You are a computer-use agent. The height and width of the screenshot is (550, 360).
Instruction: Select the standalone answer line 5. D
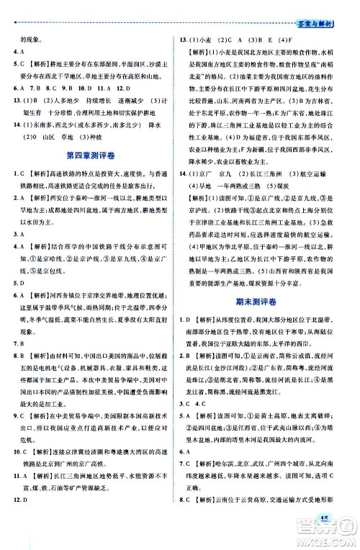[21, 263]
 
